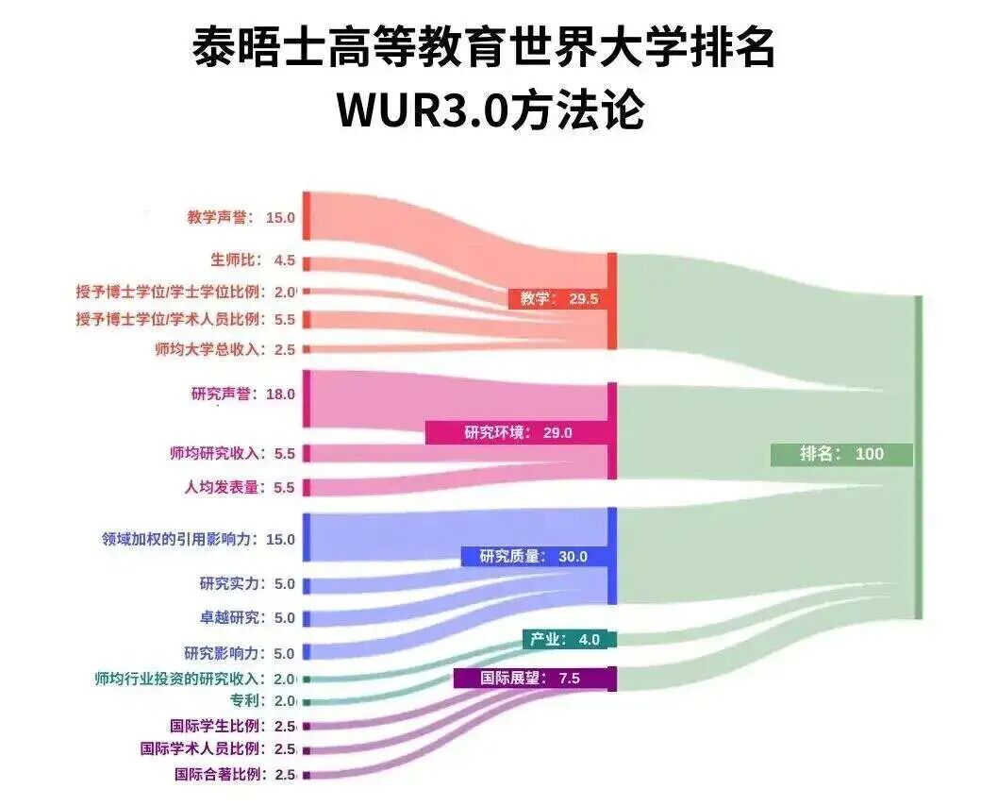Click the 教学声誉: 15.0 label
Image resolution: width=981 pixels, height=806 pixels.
[x=241, y=218]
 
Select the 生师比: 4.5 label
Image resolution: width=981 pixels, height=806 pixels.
[x=253, y=260]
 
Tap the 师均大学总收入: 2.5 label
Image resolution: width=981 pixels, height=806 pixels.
[x=225, y=349]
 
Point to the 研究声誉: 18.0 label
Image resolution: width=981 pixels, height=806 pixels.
[x=242, y=395]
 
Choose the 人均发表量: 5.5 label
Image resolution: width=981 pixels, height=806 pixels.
[x=239, y=487]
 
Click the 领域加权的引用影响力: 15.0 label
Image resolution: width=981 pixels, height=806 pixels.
[x=198, y=540]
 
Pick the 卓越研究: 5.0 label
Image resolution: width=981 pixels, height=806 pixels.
[x=247, y=617]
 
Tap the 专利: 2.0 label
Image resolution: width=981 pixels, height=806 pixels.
[x=263, y=701]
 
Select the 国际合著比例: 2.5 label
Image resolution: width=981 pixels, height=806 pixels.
[x=235, y=775]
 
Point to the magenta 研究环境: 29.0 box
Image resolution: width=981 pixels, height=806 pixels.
[x=517, y=432]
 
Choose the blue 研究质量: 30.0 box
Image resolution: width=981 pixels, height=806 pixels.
[x=534, y=556]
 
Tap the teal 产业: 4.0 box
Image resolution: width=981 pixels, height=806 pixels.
[x=565, y=640]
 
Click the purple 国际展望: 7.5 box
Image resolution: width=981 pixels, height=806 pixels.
[x=530, y=679]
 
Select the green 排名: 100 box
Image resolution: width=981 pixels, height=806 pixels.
[x=841, y=454]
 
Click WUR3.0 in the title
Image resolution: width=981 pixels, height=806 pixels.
[x=422, y=110]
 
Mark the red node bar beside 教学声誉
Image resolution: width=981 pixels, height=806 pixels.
[x=307, y=216]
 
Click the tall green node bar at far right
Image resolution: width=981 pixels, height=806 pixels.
[x=919, y=457]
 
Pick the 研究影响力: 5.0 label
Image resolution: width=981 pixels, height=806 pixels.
[x=239, y=654]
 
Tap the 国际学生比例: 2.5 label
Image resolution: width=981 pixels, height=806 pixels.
[x=233, y=727]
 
